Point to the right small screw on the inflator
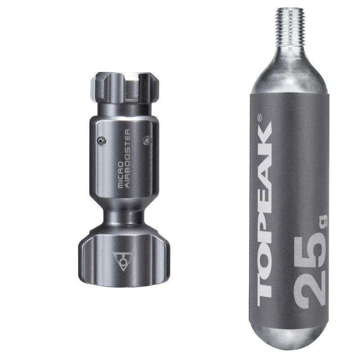tap(146, 141)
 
